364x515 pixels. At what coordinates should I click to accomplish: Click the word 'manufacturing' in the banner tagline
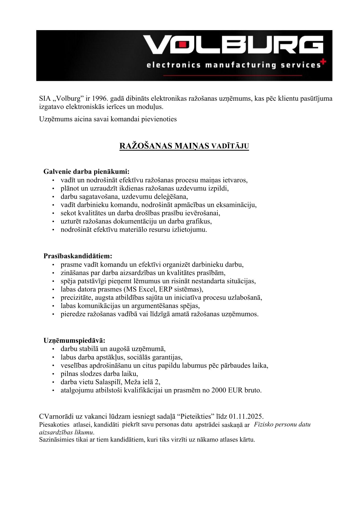(240, 65)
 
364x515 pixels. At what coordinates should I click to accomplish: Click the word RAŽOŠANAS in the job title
(146, 146)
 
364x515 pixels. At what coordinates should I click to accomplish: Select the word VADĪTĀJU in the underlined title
(230, 146)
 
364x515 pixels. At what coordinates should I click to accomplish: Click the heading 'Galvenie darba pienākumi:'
(86, 171)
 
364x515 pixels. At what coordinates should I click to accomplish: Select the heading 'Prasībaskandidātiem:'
(78, 256)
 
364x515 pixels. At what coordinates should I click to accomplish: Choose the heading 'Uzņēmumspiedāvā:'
(74, 341)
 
